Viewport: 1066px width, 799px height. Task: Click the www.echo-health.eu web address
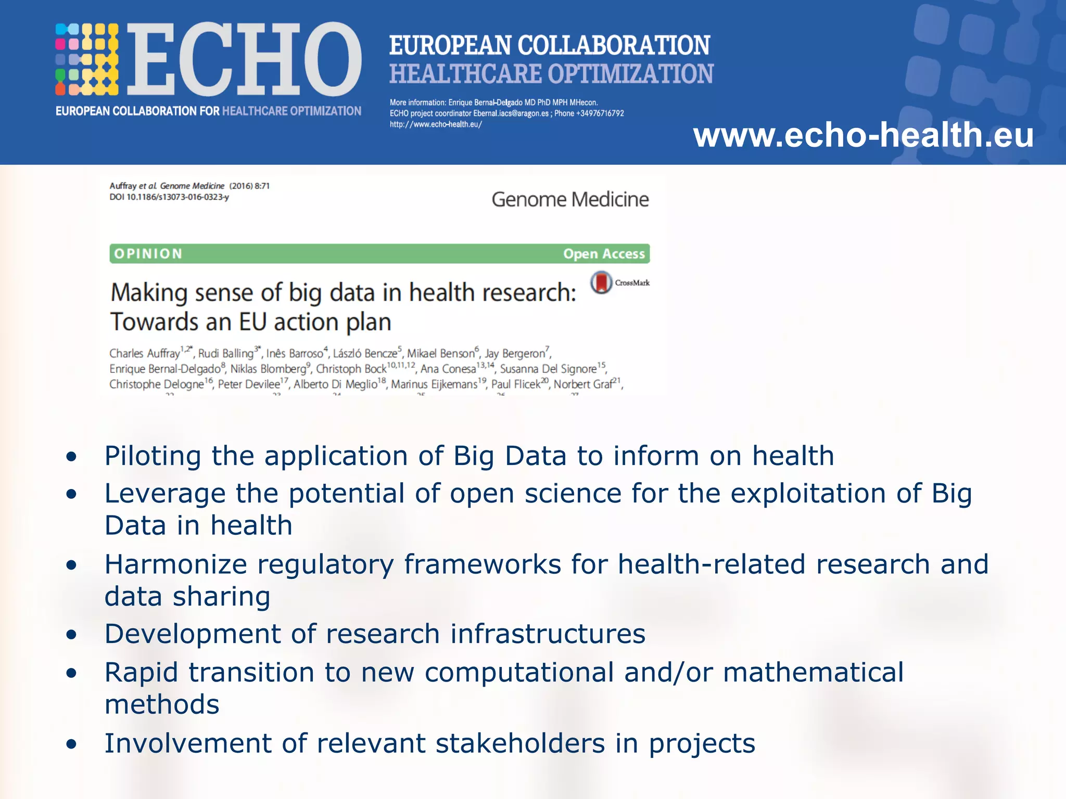click(863, 135)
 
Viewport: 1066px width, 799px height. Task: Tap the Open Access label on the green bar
click(604, 254)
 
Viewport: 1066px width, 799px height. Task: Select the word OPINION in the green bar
click(148, 254)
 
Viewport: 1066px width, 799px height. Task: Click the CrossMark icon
click(601, 282)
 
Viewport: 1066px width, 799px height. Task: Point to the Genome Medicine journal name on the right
click(570, 200)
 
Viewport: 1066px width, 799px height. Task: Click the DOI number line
click(169, 197)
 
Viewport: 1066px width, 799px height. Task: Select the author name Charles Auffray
click(144, 354)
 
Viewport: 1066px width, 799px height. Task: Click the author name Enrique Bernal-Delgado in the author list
click(165, 369)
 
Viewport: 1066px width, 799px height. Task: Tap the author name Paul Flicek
click(516, 384)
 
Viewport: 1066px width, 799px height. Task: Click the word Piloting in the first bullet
click(153, 456)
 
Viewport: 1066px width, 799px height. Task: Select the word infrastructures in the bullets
click(548, 634)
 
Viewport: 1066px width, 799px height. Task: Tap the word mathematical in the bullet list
click(813, 672)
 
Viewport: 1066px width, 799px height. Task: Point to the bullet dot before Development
click(71, 635)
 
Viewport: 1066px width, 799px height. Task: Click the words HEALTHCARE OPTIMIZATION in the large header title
click(551, 74)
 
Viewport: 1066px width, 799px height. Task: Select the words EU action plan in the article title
click(315, 322)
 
